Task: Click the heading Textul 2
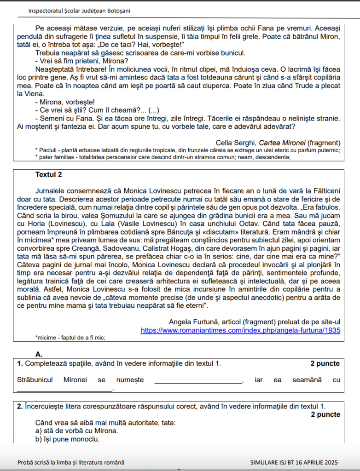pyautogui.click(x=48, y=175)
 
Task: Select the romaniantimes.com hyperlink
pyautogui.click(x=240, y=330)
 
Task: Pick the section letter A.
pyautogui.click(x=39, y=354)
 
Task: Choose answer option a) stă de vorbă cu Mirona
pyautogui.click(x=76, y=431)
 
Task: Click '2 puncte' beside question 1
pyautogui.click(x=325, y=364)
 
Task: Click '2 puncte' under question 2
pyautogui.click(x=325, y=414)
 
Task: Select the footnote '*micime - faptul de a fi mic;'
pyautogui.click(x=70, y=338)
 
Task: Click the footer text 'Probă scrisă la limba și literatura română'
pyautogui.click(x=71, y=462)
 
